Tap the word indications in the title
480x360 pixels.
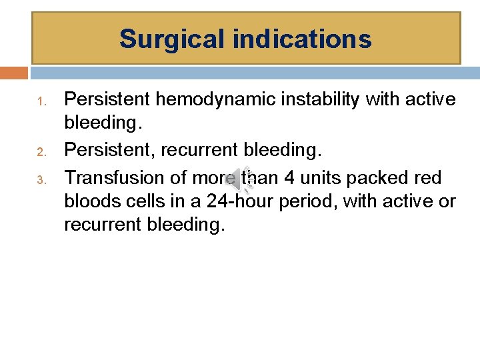pos(303,39)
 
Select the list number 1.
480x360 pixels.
pos(40,102)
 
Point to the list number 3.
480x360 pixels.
pos(40,179)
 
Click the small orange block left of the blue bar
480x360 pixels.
pos(14,73)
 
